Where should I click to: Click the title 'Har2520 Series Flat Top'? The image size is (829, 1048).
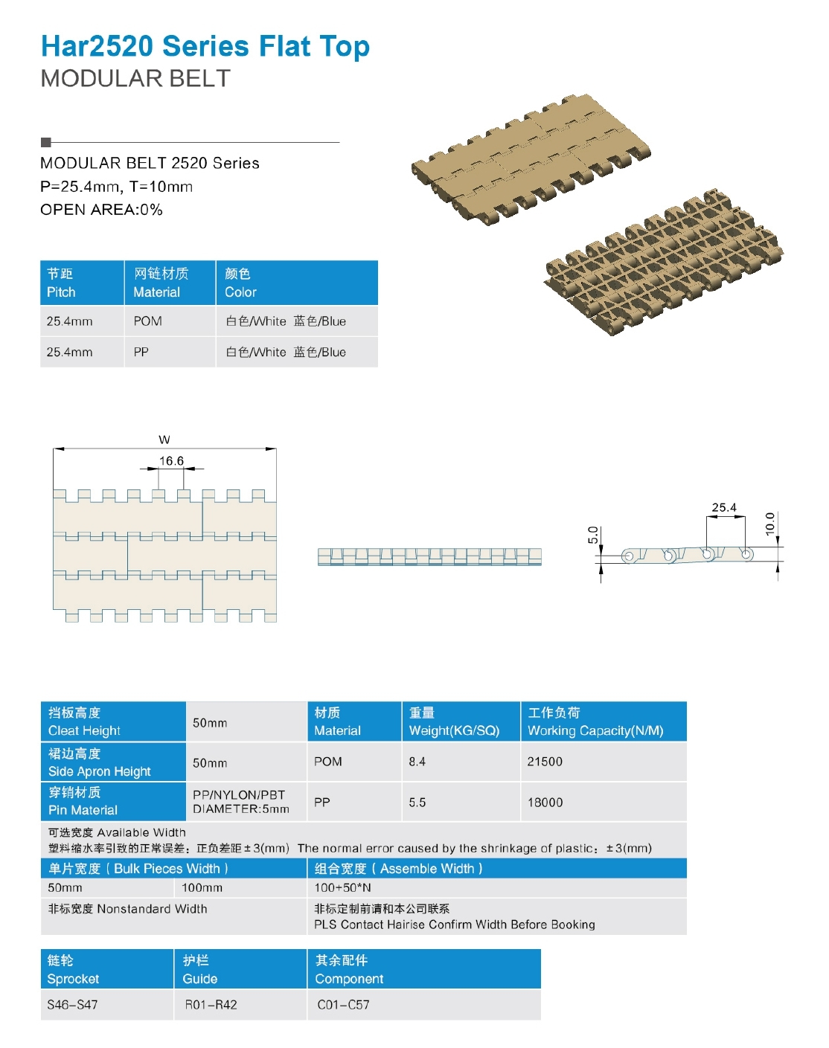pyautogui.click(x=205, y=46)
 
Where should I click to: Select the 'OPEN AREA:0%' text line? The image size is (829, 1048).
pyautogui.click(x=101, y=210)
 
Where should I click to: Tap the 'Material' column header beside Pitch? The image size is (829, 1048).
pyautogui.click(x=161, y=283)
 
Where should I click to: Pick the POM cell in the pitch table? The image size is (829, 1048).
pyautogui.click(x=147, y=321)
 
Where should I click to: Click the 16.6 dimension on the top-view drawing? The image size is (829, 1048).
pyautogui.click(x=171, y=461)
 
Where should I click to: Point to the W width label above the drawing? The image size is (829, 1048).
pyautogui.click(x=164, y=440)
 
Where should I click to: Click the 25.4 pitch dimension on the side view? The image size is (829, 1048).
pyautogui.click(x=723, y=508)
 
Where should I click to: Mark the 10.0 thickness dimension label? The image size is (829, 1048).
pyautogui.click(x=770, y=524)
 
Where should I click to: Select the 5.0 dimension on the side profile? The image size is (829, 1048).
pyautogui.click(x=593, y=535)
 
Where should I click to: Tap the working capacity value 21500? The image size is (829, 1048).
pyautogui.click(x=545, y=762)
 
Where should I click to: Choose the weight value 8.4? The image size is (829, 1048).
pyautogui.click(x=417, y=762)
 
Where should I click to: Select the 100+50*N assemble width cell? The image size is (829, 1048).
pyautogui.click(x=342, y=888)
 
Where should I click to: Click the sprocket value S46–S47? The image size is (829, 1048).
pyautogui.click(x=72, y=1005)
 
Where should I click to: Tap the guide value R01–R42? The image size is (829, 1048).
pyautogui.click(x=211, y=1005)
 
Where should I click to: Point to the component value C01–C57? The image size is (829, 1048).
pyautogui.click(x=343, y=1005)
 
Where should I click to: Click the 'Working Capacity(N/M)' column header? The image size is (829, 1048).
pyautogui.click(x=595, y=721)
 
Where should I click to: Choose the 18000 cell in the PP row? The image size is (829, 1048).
pyautogui.click(x=545, y=803)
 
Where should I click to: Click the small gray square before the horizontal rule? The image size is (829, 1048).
pyautogui.click(x=45, y=142)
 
